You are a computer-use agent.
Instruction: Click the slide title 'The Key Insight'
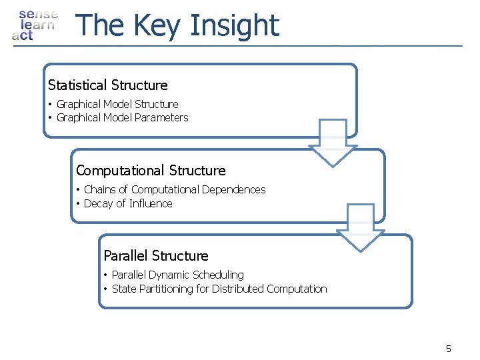coord(177,25)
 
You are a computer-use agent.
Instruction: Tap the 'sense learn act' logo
coord(35,25)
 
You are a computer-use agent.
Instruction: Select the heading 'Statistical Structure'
coord(108,85)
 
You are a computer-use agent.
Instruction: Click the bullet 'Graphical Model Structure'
coord(117,104)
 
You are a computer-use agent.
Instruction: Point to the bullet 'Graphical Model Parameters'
coord(123,117)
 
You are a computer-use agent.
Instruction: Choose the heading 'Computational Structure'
coord(151,171)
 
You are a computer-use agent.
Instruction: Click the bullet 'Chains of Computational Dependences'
coord(175,190)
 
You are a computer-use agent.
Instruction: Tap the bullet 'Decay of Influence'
coord(128,203)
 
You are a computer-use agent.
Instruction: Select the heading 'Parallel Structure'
coord(156,256)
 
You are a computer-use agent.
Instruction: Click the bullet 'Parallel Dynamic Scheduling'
coord(178,275)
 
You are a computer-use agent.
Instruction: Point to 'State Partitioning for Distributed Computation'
coord(219,289)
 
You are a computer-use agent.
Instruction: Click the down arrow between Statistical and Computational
coord(333,143)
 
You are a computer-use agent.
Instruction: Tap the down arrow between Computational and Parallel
coord(361,228)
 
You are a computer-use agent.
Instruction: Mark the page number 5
coord(449,349)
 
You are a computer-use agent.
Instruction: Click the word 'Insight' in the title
coord(234,25)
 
